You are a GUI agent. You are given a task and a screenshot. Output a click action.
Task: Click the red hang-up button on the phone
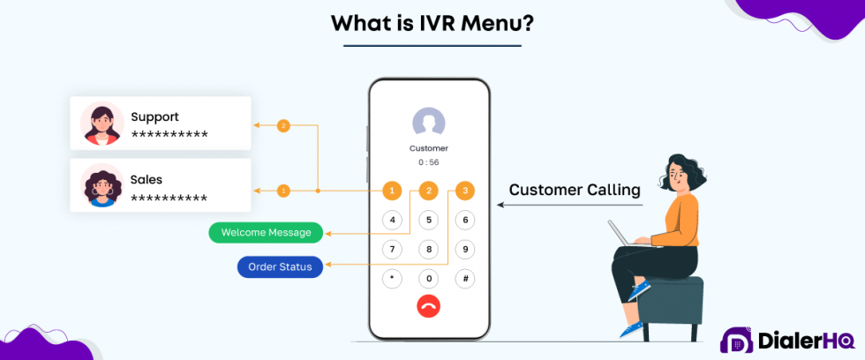tap(428, 306)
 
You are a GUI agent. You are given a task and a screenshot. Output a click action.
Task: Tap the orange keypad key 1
tap(392, 191)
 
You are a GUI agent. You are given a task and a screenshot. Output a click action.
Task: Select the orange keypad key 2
tap(428, 191)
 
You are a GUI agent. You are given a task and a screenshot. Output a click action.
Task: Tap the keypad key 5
tap(428, 220)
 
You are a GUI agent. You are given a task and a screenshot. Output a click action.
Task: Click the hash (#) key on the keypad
tap(464, 278)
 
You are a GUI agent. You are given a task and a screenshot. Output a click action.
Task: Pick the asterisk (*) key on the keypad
tap(392, 278)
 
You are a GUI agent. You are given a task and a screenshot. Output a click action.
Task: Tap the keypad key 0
tap(428, 278)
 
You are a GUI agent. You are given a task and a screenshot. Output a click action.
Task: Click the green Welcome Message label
tap(266, 233)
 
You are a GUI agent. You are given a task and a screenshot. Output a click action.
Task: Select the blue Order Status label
tap(280, 266)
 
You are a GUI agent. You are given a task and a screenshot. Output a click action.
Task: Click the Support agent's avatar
tap(101, 124)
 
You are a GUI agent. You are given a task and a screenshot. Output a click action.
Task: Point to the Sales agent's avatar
tap(101, 185)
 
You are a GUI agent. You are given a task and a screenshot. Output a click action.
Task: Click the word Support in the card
tap(154, 116)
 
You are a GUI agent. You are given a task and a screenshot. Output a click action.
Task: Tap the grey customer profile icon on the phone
tap(428, 123)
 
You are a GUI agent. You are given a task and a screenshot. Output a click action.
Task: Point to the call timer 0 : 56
tap(428, 162)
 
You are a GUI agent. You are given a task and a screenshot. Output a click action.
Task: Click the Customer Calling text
tap(574, 190)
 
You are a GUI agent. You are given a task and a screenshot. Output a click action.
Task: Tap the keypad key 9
tap(464, 249)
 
